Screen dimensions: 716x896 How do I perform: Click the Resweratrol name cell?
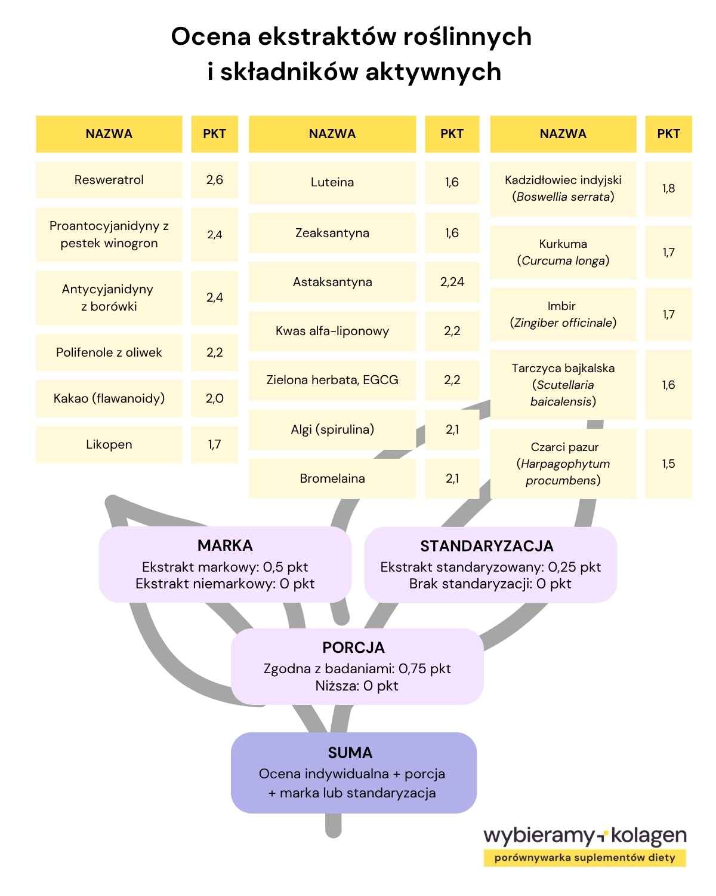(109, 180)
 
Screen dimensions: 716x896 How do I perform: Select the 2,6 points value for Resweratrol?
(214, 180)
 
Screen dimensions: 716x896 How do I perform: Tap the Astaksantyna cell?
(332, 282)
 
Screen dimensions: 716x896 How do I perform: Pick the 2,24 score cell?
(452, 282)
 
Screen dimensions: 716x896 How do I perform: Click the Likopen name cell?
(109, 444)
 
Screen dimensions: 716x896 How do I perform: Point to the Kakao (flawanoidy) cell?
(109, 398)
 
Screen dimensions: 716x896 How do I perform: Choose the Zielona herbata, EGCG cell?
(332, 380)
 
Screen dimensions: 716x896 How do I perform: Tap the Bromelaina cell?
(332, 478)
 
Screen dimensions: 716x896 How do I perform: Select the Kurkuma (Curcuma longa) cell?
(563, 252)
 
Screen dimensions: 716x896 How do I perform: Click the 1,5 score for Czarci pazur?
(668, 464)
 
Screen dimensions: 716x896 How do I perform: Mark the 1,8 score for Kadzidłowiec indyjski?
(668, 189)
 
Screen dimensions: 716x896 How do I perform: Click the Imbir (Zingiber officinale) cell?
(563, 314)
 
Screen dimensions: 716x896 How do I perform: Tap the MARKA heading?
(225, 545)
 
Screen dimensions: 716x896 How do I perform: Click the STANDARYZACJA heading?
(486, 546)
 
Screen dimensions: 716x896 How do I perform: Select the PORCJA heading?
(354, 648)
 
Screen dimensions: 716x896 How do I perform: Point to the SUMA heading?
(350, 753)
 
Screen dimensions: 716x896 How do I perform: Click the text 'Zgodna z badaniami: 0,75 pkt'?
(357, 668)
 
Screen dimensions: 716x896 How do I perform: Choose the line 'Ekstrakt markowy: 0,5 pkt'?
(225, 567)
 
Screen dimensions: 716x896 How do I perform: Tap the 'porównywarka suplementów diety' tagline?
(585, 858)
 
